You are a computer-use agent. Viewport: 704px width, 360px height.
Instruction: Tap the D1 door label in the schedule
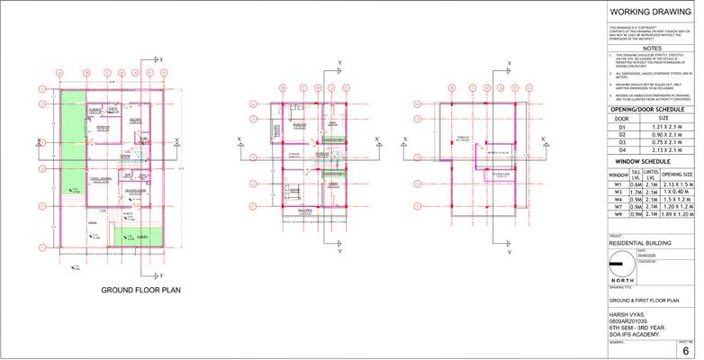click(620, 127)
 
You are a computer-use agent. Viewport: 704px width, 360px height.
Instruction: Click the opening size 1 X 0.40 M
click(678, 192)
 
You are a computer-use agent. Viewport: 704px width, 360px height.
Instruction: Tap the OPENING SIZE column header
click(678, 174)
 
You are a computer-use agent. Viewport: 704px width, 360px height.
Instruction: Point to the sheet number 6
click(686, 351)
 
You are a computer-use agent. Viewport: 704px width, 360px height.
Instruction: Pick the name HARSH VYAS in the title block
click(627, 315)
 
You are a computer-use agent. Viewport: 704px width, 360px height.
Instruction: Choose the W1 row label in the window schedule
click(618, 184)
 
